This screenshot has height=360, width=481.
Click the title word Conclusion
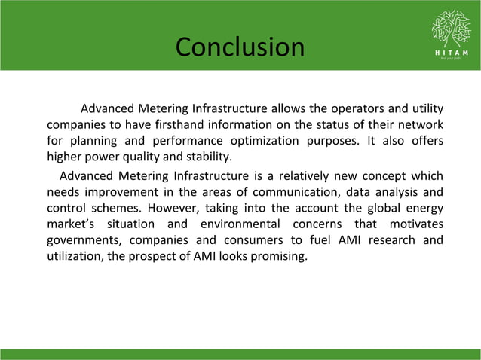click(240, 47)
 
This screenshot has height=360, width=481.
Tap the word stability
click(208, 157)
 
